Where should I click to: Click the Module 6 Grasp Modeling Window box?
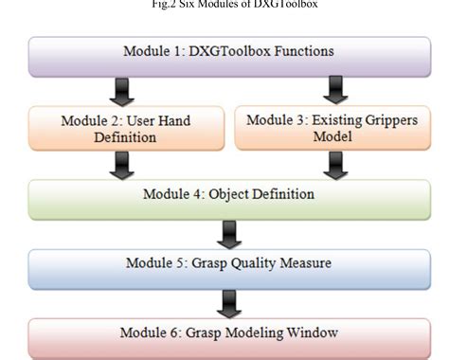[x=224, y=333]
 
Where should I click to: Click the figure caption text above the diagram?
[x=224, y=5]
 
